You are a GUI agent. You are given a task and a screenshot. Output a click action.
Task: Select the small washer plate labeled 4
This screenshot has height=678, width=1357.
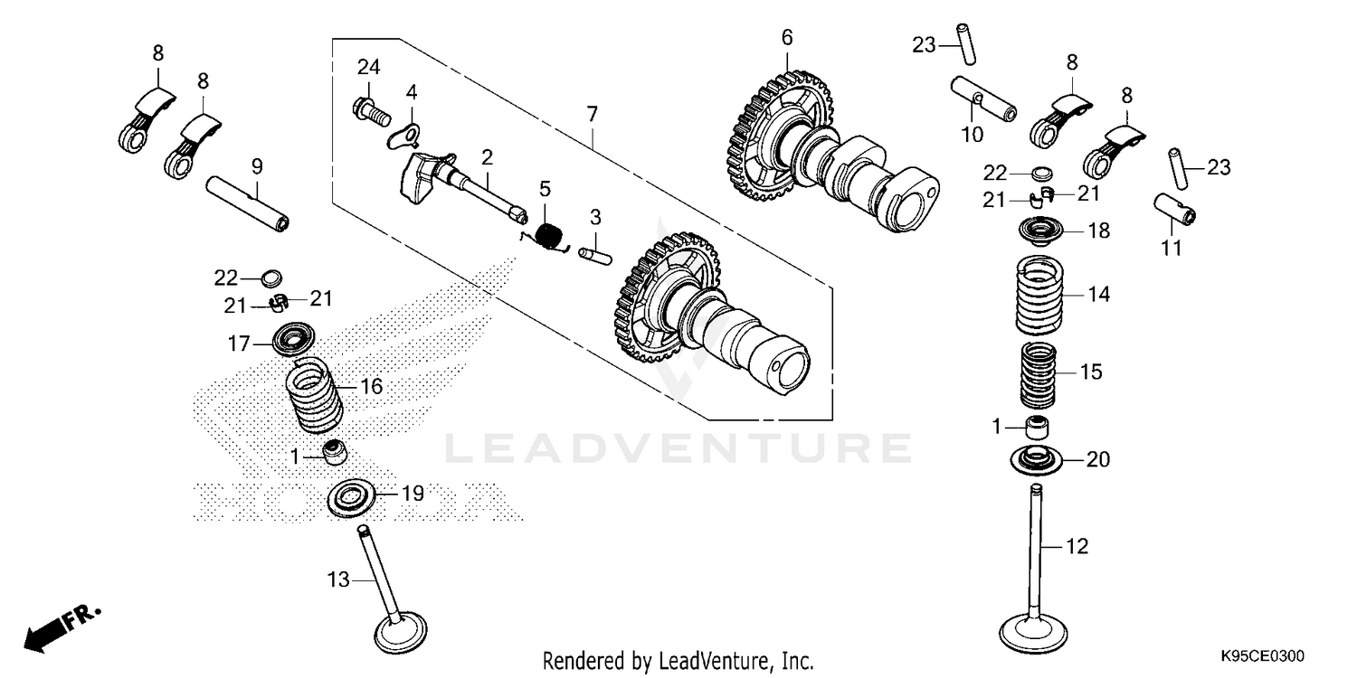coord(404,136)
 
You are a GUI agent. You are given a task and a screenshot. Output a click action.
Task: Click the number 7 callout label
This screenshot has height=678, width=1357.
coord(592,115)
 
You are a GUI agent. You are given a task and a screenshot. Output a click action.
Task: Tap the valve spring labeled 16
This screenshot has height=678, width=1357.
coord(315,395)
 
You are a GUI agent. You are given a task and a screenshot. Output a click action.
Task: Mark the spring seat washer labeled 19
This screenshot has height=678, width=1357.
coord(351,498)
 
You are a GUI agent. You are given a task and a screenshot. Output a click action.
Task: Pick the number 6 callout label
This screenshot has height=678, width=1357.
coord(786,37)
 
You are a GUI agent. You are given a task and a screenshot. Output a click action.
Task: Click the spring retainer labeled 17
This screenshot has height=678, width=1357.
coord(294,339)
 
